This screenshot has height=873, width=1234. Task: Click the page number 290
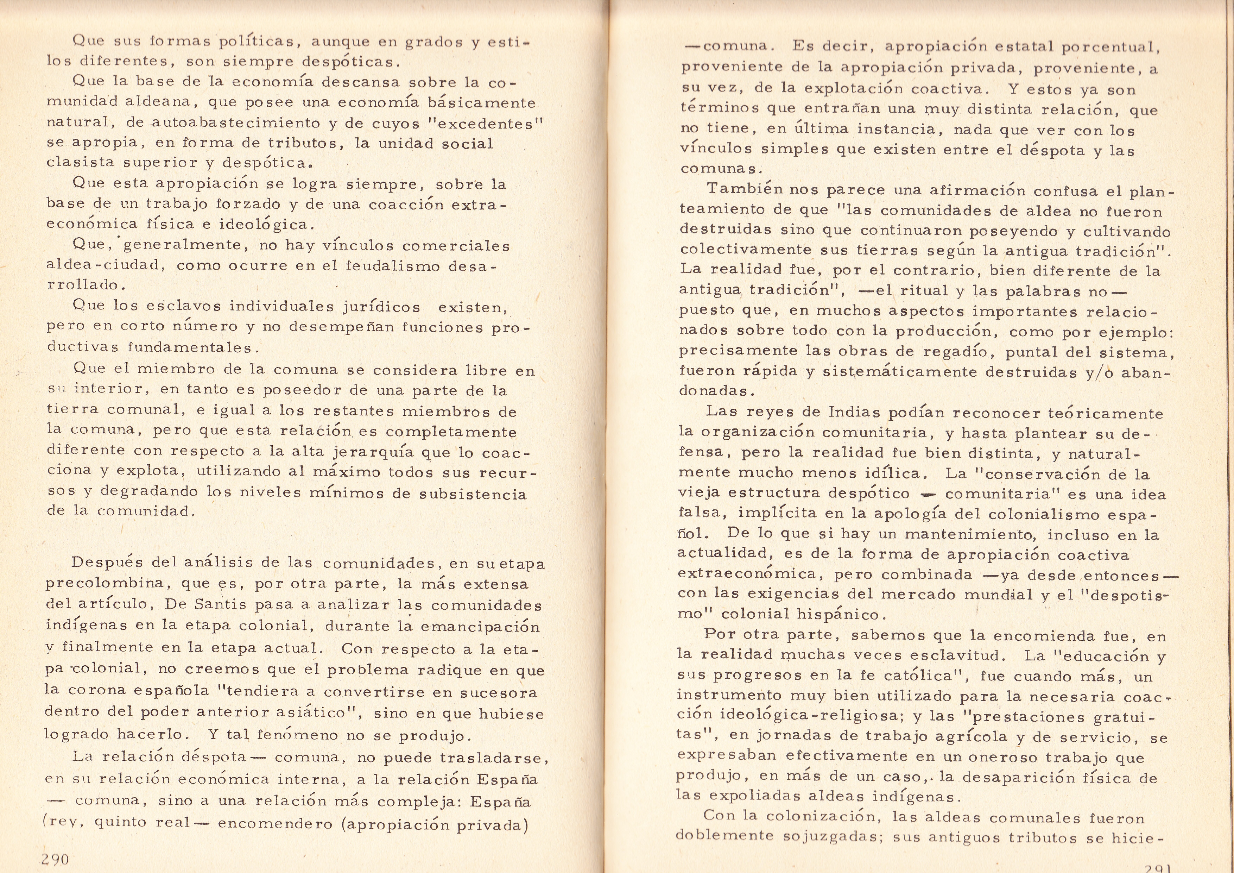tap(55, 859)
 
